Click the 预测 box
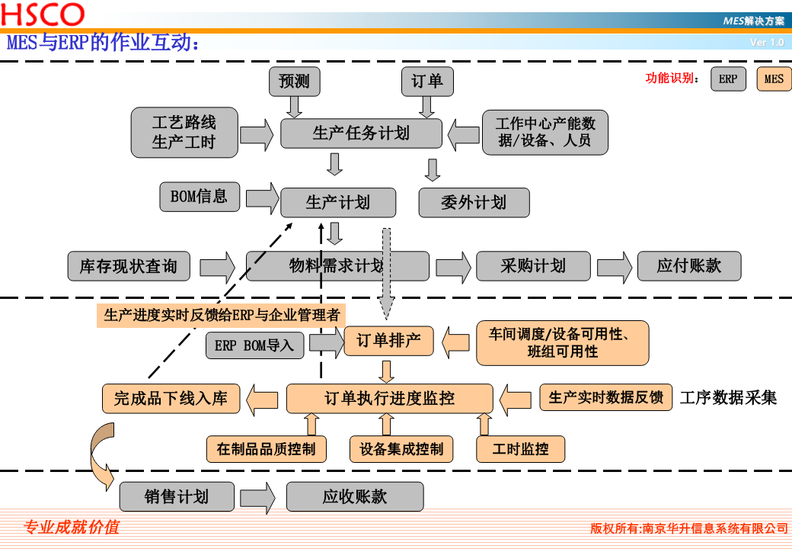(294, 82)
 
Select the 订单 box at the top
(427, 82)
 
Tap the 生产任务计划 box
(361, 133)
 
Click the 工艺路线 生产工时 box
(184, 133)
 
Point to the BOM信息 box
(199, 197)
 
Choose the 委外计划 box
(474, 203)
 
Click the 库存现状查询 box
(129, 266)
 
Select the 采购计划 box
(533, 266)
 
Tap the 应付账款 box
(689, 266)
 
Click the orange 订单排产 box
(388, 341)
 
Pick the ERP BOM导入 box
(254, 345)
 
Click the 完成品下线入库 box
(171, 398)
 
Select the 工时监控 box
(521, 449)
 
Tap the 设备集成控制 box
(401, 449)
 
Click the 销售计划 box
(177, 497)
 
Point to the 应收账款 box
(355, 497)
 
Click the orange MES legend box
(774, 79)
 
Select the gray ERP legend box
(728, 79)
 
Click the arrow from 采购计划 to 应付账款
(614, 266)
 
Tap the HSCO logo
(43, 15)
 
